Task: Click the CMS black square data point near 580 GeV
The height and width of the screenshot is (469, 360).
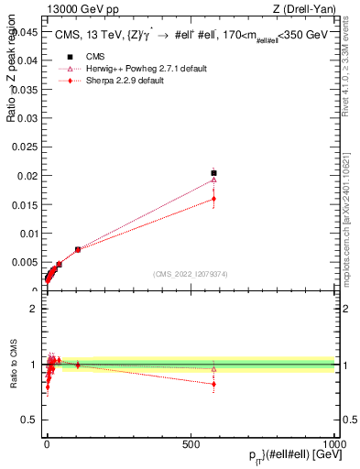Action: [213, 172]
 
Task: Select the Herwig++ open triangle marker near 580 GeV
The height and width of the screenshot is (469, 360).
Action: [213, 180]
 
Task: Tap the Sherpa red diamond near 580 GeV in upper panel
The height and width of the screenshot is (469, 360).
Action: [213, 198]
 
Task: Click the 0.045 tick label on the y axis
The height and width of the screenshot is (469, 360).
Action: [26, 31]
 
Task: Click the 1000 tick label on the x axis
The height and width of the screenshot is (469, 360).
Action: [335, 442]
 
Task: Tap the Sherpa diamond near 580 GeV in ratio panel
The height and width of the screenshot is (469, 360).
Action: [213, 384]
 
